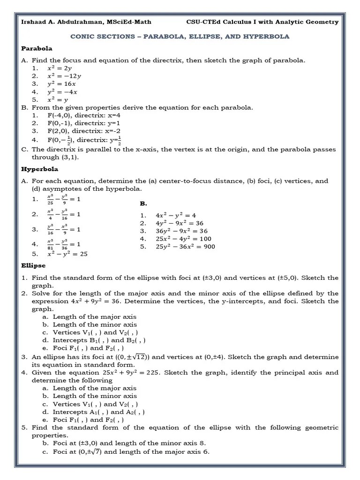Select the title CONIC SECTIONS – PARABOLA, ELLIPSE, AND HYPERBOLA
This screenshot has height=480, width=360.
[180, 36]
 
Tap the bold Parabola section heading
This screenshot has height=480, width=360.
[37, 48]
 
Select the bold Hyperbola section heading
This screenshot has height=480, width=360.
[39, 169]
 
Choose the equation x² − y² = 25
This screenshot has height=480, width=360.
[67, 254]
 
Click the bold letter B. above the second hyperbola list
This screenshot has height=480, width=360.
[143, 204]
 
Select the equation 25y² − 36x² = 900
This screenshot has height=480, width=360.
[185, 246]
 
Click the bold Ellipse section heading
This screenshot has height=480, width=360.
[33, 265]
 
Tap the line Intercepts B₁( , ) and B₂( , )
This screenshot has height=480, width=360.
[99, 340]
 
